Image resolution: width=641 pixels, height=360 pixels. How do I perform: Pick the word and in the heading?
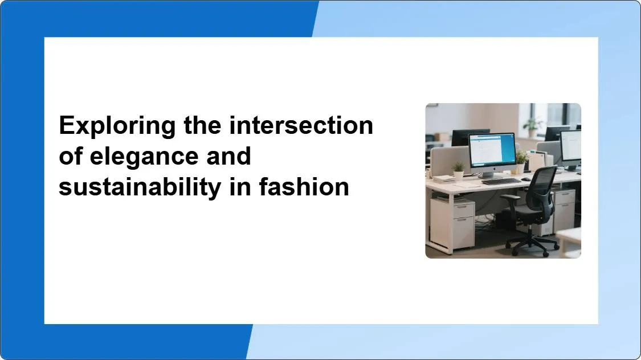(228, 156)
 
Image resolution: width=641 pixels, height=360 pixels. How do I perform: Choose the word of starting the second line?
(71, 156)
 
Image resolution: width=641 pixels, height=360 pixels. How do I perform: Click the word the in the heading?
(203, 125)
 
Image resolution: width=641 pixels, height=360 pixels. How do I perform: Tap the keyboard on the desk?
(501, 181)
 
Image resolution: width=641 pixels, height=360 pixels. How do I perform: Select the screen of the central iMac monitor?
(492, 150)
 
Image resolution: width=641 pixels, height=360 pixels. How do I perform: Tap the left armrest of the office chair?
(511, 198)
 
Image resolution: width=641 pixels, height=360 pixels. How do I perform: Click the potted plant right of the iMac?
(520, 160)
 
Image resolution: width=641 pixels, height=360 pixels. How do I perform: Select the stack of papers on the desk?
(445, 179)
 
